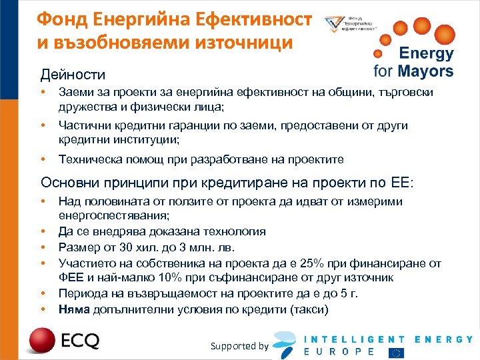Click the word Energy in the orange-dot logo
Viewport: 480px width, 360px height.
pyautogui.click(x=425, y=54)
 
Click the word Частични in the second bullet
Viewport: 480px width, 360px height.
pyautogui.click(x=83, y=126)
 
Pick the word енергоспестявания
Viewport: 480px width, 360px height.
pyautogui.click(x=114, y=215)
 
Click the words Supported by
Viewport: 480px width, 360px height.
pyautogui.click(x=239, y=346)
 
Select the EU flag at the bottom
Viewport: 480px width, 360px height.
pyautogui.click(x=397, y=351)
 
